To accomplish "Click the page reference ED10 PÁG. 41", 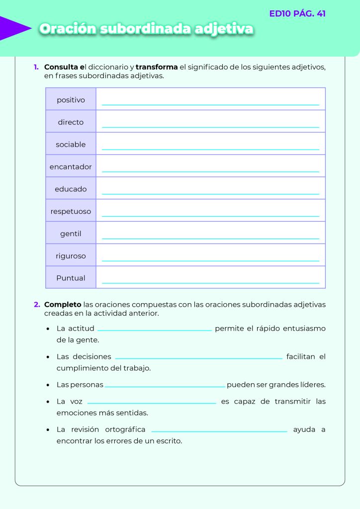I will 297,13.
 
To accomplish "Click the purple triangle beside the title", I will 14,28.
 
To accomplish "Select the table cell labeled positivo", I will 71,100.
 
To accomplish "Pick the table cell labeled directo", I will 71,122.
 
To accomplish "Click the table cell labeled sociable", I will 71,145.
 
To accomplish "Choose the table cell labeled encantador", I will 71,167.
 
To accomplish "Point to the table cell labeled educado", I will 71,189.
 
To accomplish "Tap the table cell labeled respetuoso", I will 71,212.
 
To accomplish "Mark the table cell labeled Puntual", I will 71,278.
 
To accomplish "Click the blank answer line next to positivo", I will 210,103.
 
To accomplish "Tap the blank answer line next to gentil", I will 210,238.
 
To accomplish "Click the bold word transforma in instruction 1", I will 157,67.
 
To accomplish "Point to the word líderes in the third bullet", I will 312,385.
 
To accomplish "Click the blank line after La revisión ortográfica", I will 219,430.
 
